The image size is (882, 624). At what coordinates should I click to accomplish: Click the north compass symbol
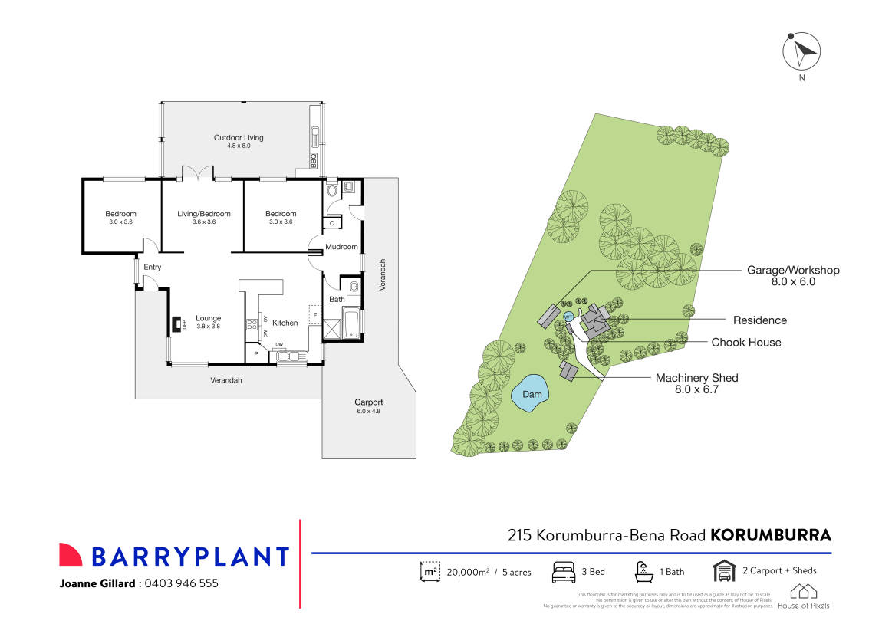(x=801, y=52)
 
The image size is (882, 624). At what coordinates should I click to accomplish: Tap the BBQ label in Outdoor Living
(x=313, y=161)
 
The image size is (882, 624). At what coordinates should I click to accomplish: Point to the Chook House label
(x=746, y=343)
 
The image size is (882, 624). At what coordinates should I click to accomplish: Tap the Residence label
(x=759, y=320)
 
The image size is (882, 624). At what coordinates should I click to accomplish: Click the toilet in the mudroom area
(x=331, y=189)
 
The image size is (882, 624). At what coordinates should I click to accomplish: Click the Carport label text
(x=368, y=402)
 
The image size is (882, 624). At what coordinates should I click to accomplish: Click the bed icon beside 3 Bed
(x=564, y=572)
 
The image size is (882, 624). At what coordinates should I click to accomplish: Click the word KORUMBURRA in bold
(x=771, y=534)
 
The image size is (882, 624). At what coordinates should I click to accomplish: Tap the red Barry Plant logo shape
(x=71, y=555)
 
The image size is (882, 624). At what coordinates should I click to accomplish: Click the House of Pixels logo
(x=803, y=596)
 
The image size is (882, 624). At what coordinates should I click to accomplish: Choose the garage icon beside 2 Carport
(x=723, y=571)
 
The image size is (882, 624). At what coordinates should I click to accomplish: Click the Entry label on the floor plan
(x=153, y=267)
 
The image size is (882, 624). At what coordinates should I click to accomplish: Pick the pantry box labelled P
(x=255, y=354)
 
